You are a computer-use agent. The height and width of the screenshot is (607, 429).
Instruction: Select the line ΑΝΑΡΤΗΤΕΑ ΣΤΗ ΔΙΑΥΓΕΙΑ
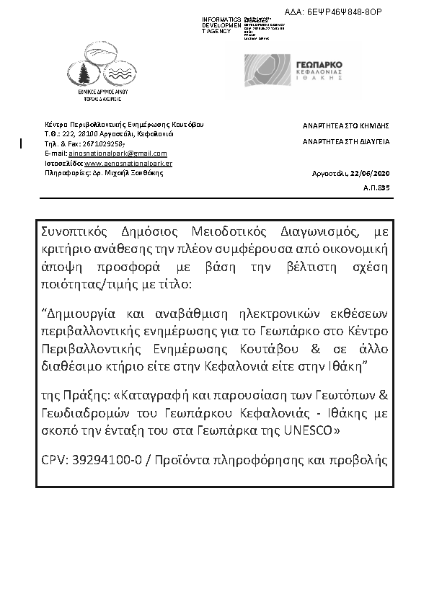pos(345,143)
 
